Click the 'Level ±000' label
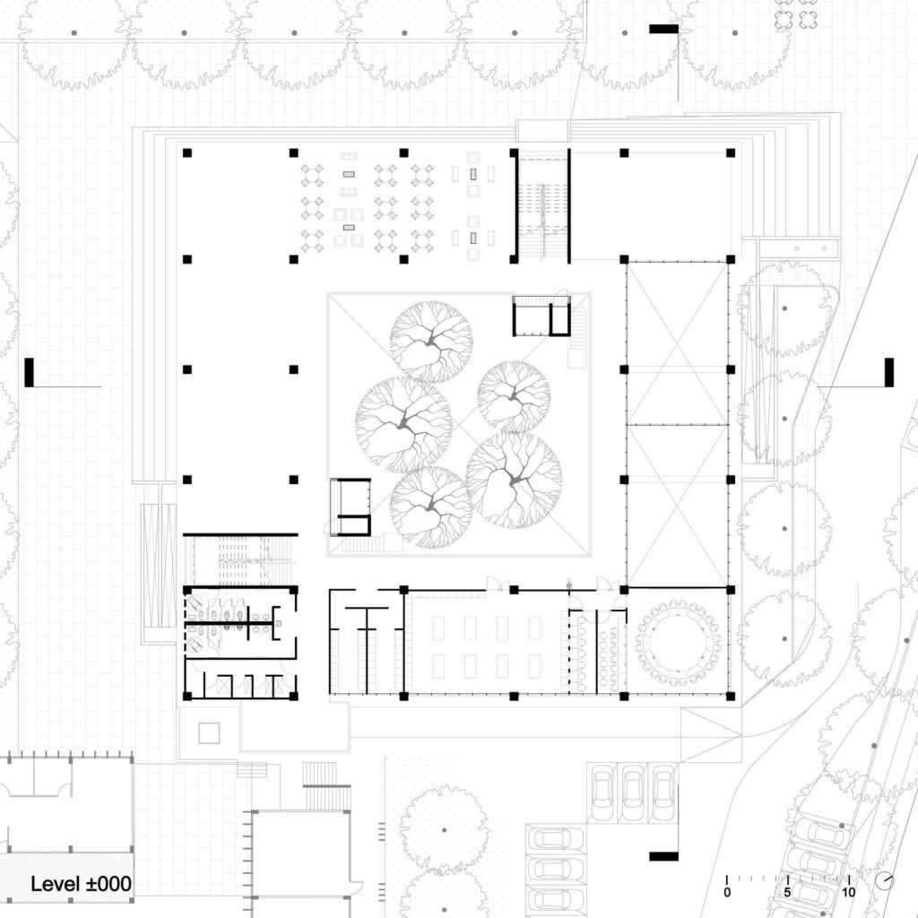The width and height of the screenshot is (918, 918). pyautogui.click(x=81, y=883)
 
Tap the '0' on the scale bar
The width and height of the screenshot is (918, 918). pyautogui.click(x=727, y=892)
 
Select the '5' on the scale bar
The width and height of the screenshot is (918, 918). pyautogui.click(x=787, y=892)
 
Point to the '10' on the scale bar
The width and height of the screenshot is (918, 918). pyautogui.click(x=848, y=892)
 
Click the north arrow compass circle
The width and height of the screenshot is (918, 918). pyautogui.click(x=885, y=880)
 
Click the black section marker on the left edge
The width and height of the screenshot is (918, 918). pyautogui.click(x=30, y=372)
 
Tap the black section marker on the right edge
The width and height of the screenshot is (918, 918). pyautogui.click(x=888, y=372)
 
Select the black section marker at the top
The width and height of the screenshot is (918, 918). pyautogui.click(x=664, y=29)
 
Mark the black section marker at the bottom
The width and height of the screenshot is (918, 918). pyautogui.click(x=664, y=856)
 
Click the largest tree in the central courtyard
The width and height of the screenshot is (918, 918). pyautogui.click(x=515, y=481)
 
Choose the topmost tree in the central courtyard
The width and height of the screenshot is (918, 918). pyautogui.click(x=431, y=342)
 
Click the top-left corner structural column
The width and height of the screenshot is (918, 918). pyautogui.click(x=187, y=152)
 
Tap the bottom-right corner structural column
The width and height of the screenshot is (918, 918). pyautogui.click(x=731, y=696)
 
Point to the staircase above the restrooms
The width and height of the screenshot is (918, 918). pyautogui.click(x=241, y=561)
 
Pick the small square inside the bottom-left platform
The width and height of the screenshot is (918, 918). pyautogui.click(x=209, y=733)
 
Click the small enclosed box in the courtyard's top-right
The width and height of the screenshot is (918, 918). pyautogui.click(x=541, y=316)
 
